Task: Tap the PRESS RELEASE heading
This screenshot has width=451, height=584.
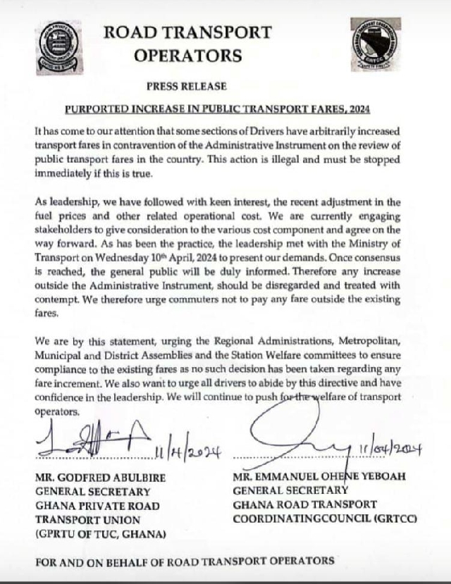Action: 186,87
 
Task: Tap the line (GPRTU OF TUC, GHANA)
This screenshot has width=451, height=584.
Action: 100,534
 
